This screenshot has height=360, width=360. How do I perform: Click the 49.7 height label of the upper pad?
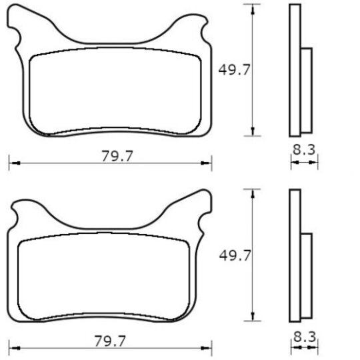234,70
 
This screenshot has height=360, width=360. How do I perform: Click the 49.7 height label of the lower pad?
235,255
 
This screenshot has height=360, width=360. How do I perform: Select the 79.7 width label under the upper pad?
117,156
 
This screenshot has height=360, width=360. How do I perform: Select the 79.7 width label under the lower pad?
110,341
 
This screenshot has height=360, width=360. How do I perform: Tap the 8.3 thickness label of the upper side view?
304,150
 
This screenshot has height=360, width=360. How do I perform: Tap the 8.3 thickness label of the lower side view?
305,337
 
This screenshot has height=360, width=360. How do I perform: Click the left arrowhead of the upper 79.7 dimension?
15,163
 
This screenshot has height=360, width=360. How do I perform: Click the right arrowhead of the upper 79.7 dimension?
206,163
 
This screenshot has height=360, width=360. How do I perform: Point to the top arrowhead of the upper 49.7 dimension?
253,9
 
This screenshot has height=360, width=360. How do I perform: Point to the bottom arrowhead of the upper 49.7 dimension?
253,131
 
